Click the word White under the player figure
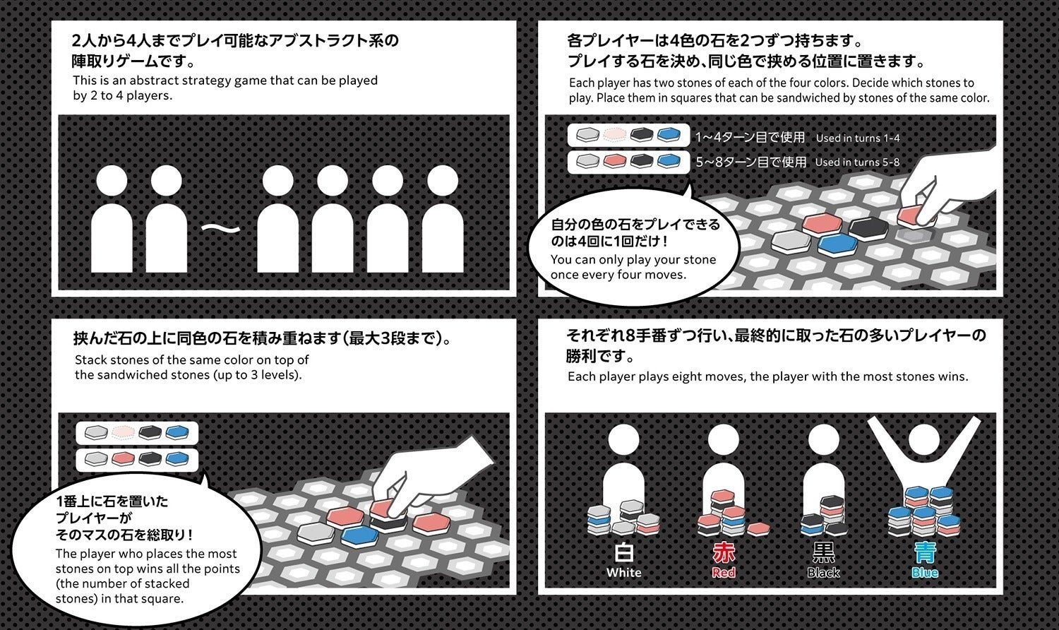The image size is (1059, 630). [623, 573]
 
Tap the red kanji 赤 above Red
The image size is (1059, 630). [724, 552]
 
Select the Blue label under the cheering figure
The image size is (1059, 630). [924, 573]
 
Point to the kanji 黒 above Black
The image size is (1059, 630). [823, 552]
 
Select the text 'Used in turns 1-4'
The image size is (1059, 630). [857, 138]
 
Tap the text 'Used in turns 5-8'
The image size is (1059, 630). [857, 162]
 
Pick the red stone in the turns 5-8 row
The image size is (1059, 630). [615, 162]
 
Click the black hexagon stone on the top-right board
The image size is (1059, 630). [868, 227]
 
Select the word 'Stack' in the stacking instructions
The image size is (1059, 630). [91, 359]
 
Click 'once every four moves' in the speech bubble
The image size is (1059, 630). [618, 275]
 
